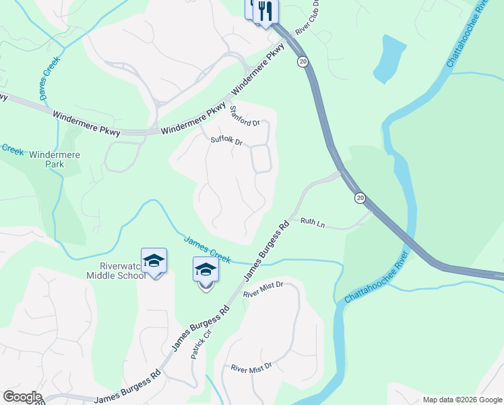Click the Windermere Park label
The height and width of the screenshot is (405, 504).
(55, 159)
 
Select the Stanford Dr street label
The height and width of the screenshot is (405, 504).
(245, 116)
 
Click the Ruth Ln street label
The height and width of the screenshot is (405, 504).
(313, 222)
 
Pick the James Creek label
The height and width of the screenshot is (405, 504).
(208, 248)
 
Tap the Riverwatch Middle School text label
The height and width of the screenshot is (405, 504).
(115, 270)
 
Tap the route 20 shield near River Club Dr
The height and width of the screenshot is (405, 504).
(303, 61)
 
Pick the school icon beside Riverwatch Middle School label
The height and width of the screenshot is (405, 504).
(154, 261)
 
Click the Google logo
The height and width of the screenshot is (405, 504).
(22, 397)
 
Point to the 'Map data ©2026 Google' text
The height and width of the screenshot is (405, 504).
(462, 400)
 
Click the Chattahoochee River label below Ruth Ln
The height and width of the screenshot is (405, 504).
(377, 277)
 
